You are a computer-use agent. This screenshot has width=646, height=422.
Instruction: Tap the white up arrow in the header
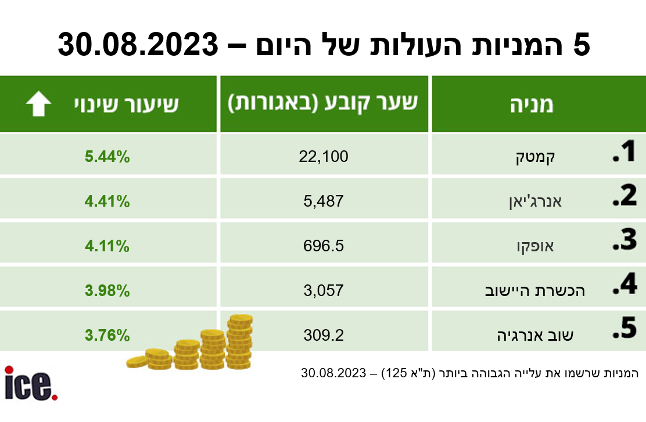point(39,104)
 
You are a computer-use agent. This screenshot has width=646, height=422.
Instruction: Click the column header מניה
point(531,104)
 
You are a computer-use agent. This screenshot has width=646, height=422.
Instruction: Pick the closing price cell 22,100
point(324,156)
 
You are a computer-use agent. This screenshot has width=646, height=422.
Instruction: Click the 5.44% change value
point(107,156)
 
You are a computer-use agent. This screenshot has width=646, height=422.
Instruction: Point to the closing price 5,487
point(324,201)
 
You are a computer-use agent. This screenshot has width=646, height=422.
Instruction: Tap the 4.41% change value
point(107,201)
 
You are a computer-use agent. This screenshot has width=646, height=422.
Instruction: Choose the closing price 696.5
point(324,246)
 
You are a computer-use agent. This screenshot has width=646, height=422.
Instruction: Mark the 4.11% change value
point(107,246)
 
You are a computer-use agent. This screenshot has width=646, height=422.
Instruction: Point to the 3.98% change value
point(107,290)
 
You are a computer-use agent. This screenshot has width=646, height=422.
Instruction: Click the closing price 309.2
point(324,335)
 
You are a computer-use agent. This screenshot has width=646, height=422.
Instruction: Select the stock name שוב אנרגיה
point(536,336)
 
